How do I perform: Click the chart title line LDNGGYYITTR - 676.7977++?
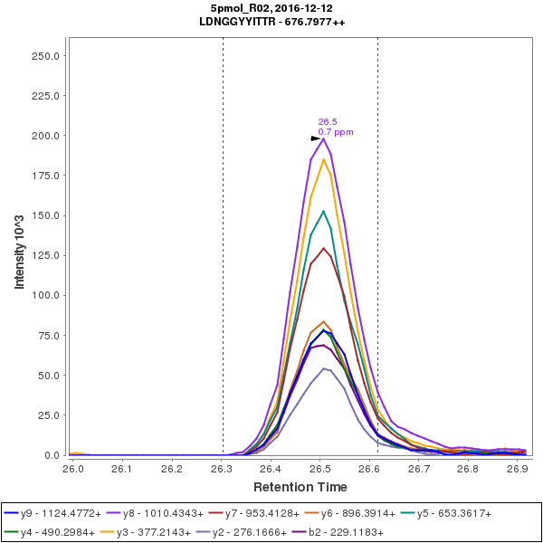[x=271, y=21]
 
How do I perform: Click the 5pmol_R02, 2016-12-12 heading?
[x=271, y=7]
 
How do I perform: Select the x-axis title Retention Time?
[x=297, y=488]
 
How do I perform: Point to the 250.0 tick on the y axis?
[x=45, y=56]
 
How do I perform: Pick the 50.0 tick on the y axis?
[x=48, y=376]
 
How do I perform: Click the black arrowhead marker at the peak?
[x=316, y=138]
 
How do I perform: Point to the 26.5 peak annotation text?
[x=328, y=121]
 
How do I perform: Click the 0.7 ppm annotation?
[x=336, y=132]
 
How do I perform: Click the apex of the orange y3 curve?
[x=323, y=159]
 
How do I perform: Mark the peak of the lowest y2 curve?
[x=324, y=368]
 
